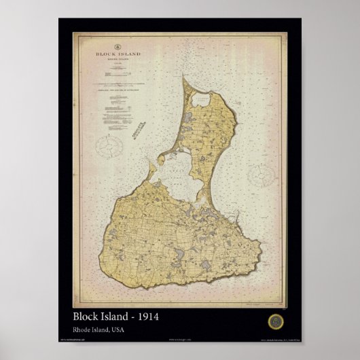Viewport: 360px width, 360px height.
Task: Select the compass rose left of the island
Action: [x=107, y=146]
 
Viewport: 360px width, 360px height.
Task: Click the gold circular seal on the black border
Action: [x=274, y=319]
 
